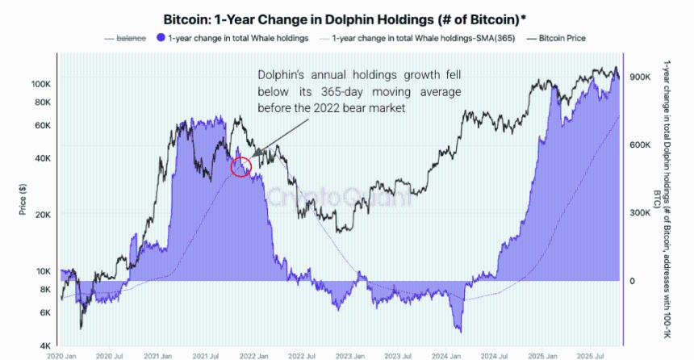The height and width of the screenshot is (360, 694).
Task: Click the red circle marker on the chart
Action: coord(241,166)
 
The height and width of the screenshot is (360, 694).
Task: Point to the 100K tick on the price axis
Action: coord(40,84)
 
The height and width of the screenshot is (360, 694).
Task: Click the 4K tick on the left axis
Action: coord(44,345)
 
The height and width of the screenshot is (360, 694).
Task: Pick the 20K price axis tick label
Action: coord(43,215)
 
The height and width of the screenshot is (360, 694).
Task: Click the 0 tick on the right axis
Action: coord(633,281)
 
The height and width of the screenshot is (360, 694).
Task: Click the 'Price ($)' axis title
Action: coord(23,199)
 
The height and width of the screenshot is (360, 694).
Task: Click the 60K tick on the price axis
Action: coord(43,125)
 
